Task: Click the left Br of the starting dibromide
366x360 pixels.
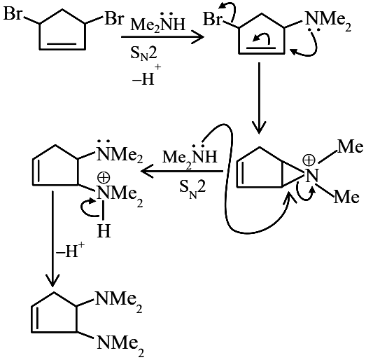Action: coord(13,13)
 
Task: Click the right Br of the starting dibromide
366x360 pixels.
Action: coord(113,18)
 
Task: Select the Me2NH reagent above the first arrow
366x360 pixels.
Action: coord(158,22)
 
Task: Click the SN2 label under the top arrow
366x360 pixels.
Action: coord(143,54)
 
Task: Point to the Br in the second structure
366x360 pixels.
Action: coord(212,19)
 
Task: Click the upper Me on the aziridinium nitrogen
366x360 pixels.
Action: coord(350,147)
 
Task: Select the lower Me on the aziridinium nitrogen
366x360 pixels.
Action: coord(346,197)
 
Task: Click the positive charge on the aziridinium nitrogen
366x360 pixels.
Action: coord(309,160)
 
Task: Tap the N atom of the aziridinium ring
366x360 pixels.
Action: coord(311,175)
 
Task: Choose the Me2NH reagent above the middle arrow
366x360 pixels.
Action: coord(190,155)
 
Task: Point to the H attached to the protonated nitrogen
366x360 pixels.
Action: coord(104,230)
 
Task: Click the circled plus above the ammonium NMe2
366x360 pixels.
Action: coord(104,178)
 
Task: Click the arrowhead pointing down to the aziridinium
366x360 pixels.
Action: coord(260,127)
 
